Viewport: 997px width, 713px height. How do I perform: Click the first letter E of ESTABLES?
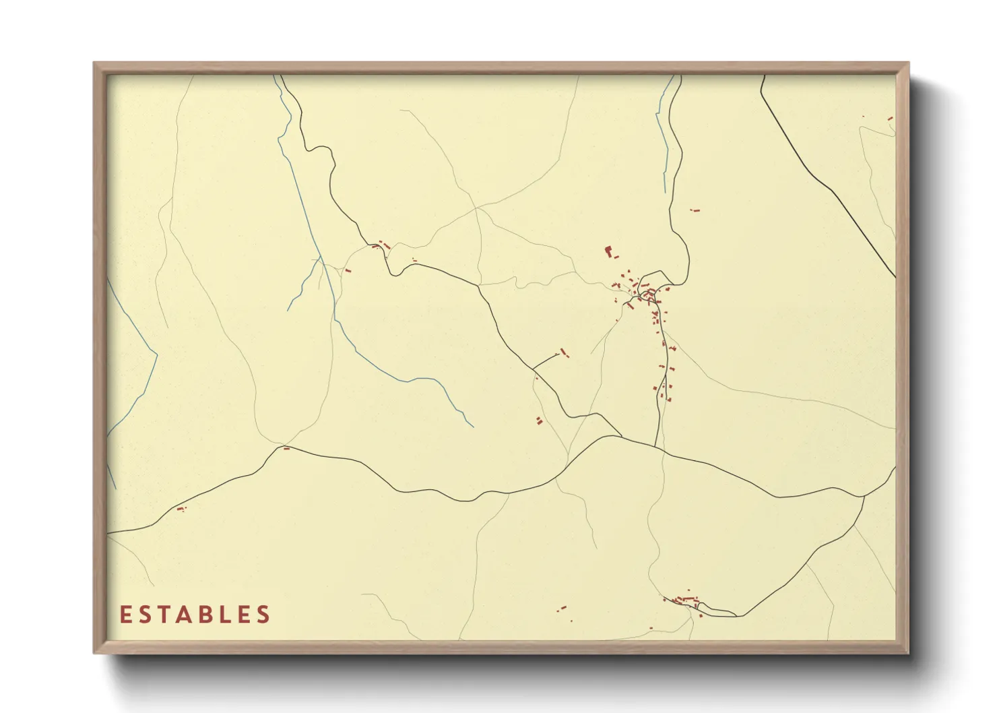pyautogui.click(x=125, y=615)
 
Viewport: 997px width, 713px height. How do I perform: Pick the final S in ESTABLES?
pyautogui.click(x=264, y=615)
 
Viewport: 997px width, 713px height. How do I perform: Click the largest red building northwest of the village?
pyautogui.click(x=609, y=252)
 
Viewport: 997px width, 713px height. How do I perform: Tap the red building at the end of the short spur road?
pyautogui.click(x=563, y=351)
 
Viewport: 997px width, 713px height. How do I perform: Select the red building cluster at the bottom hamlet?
pyautogui.click(x=684, y=600)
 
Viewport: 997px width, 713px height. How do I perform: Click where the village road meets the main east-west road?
pyautogui.click(x=655, y=446)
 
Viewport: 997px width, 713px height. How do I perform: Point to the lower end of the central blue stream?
pyautogui.click(x=472, y=426)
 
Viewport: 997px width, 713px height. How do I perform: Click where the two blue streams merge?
pyautogui.click(x=322, y=261)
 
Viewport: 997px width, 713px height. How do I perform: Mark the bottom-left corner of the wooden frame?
pyautogui.click(x=95, y=652)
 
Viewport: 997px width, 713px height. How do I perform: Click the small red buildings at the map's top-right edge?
pyautogui.click(x=889, y=119)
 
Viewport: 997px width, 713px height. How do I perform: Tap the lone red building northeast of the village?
pyautogui.click(x=696, y=211)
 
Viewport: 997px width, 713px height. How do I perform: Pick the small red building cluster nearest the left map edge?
pyautogui.click(x=181, y=509)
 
